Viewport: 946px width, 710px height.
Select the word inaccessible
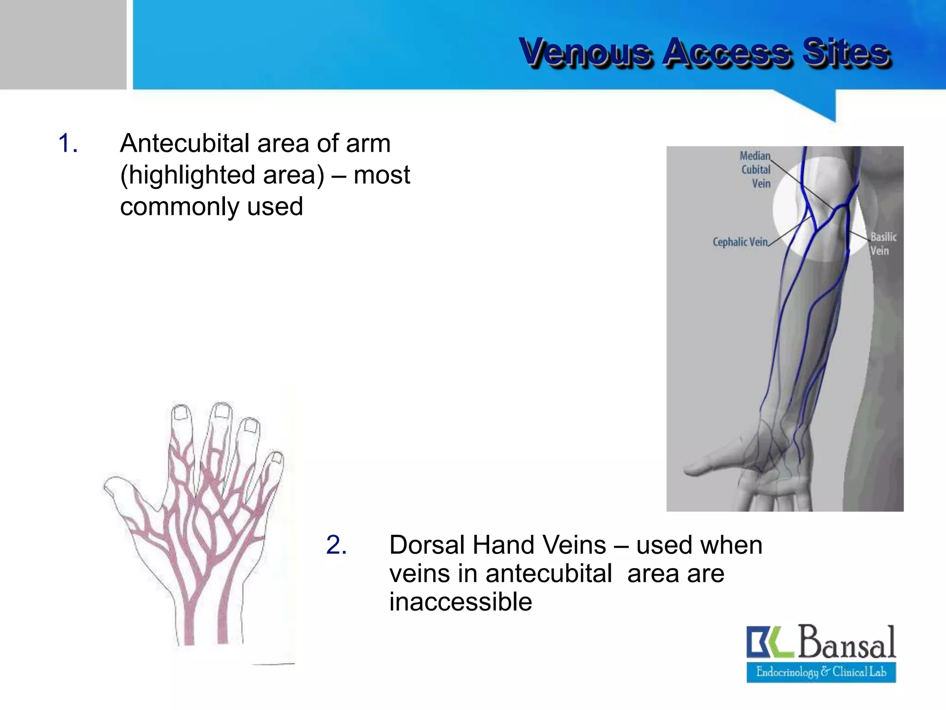pyautogui.click(x=460, y=602)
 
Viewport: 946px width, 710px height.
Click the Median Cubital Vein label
pyautogui.click(x=756, y=170)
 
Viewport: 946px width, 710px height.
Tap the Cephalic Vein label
pyautogui.click(x=740, y=242)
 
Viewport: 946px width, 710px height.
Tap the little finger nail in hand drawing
pyautogui.click(x=277, y=457)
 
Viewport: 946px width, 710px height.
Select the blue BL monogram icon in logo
pyautogui.click(x=769, y=642)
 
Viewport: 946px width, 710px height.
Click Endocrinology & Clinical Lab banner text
pyautogui.click(x=821, y=672)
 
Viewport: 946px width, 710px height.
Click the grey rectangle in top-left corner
pyautogui.click(x=62, y=44)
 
